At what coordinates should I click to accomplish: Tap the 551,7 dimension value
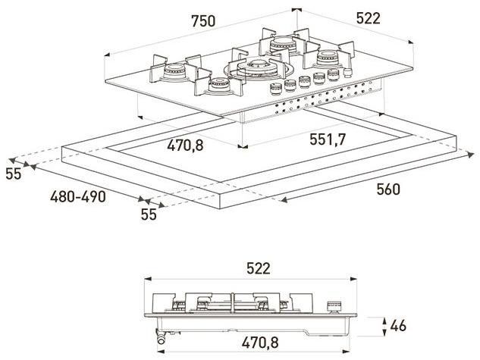coord(329,139)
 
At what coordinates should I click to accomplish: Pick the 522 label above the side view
coord(258,268)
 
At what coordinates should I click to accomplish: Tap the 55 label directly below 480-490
coord(148,214)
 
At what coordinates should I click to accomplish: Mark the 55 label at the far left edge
coord(13,174)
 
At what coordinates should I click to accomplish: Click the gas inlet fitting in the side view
coord(162,340)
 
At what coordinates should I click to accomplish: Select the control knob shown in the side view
coord(331,307)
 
